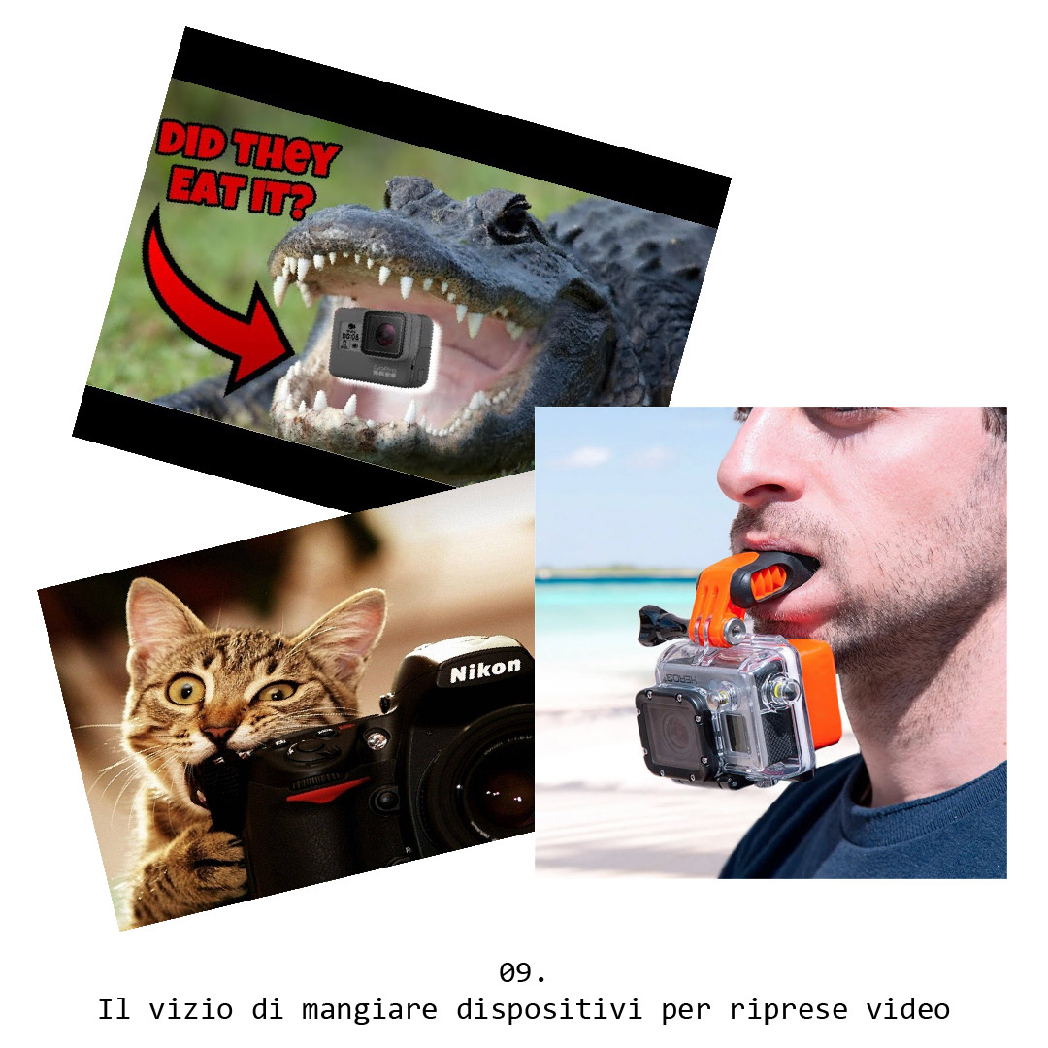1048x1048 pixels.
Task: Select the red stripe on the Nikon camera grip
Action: pyautogui.click(x=327, y=789)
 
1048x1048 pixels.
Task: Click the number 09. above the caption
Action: pyautogui.click(x=523, y=972)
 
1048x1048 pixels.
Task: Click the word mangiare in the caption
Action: pyautogui.click(x=370, y=1009)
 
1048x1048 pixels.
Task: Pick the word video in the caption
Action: pyautogui.click(x=907, y=1008)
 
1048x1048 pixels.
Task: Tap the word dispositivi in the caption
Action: pyautogui.click(x=548, y=1009)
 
